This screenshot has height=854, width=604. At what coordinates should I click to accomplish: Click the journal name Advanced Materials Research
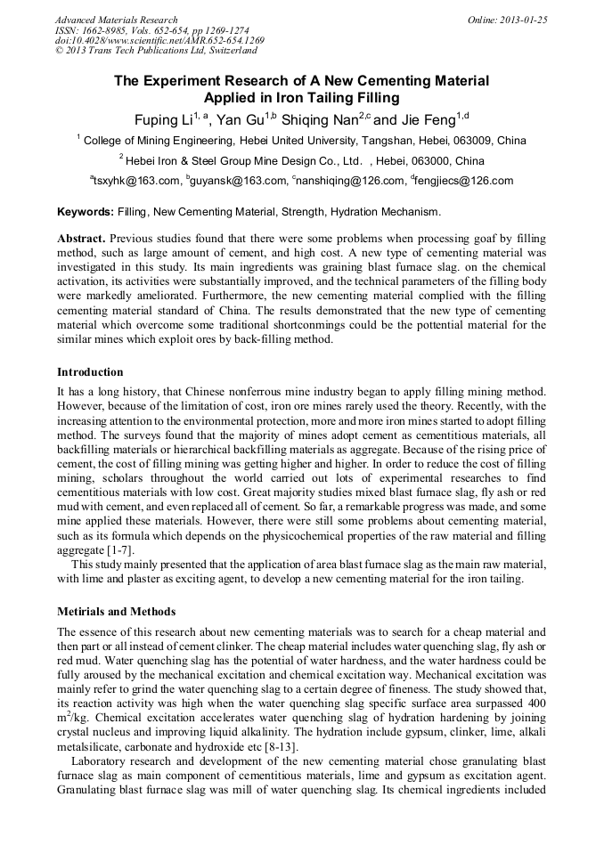(116, 20)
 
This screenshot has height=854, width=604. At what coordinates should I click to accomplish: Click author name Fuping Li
(164, 120)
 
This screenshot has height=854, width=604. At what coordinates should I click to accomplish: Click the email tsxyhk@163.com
(137, 181)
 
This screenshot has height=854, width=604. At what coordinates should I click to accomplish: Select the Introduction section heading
(90, 371)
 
